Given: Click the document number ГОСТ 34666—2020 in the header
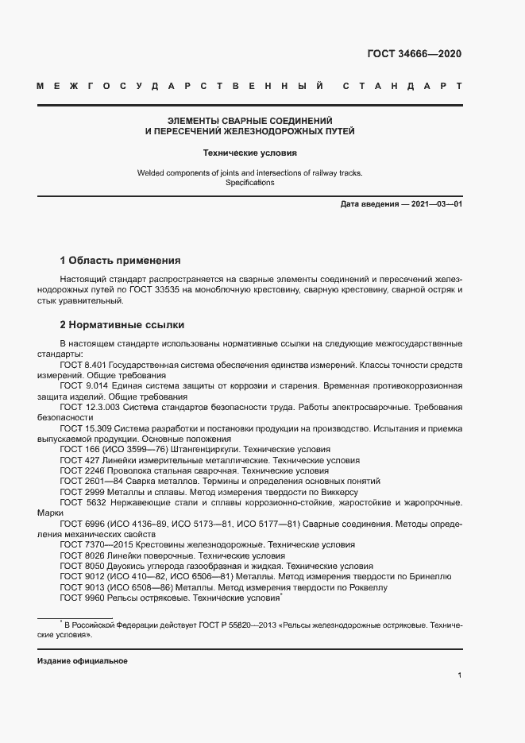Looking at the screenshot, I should (413, 55).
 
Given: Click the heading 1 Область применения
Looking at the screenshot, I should (121, 260).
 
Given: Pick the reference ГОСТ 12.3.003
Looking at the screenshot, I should (87, 407).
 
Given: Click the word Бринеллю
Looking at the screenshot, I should (430, 576).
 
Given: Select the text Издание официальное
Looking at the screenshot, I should (82, 661).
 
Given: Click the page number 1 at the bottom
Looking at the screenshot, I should (459, 675).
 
